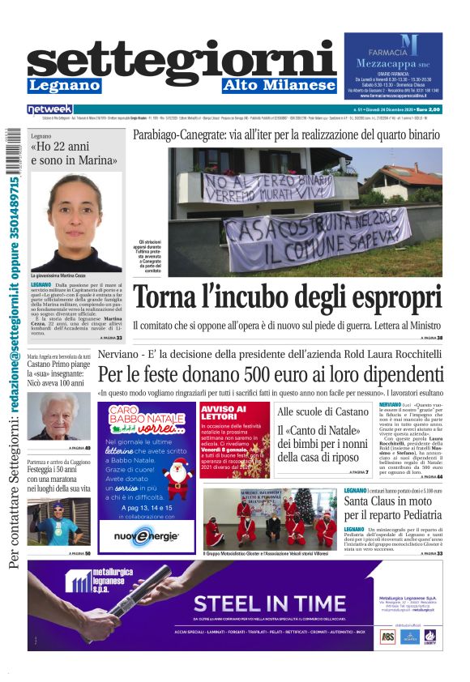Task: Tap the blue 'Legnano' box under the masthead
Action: coord(65,85)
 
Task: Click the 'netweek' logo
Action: coord(50,109)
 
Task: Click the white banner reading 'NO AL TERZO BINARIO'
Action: coord(268,188)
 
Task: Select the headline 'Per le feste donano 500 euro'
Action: coord(271,375)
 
